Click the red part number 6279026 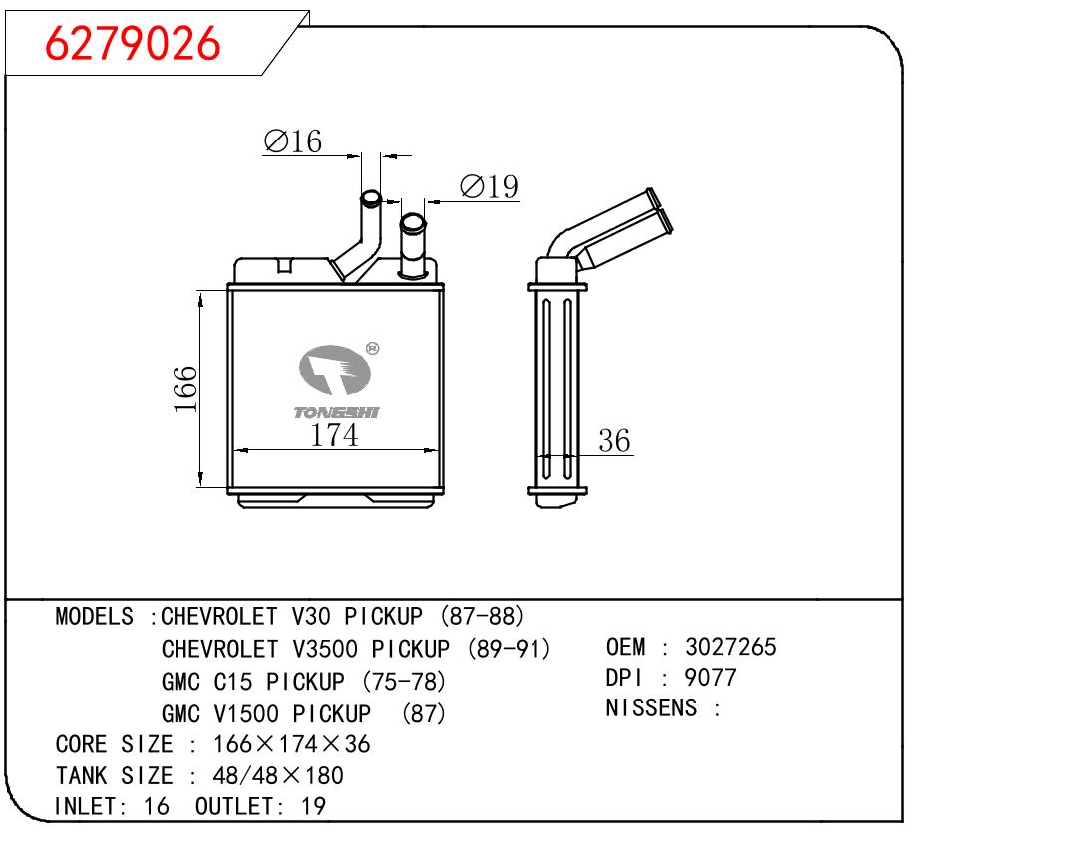point(133,43)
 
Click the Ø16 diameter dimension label point(293,141)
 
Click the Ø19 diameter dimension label point(489,186)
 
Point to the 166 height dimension point(185,389)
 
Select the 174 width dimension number point(334,435)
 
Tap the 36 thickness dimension point(614,440)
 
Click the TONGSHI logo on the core point(336,381)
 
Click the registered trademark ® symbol point(373,349)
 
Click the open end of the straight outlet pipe point(413,222)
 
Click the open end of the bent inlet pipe point(371,198)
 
